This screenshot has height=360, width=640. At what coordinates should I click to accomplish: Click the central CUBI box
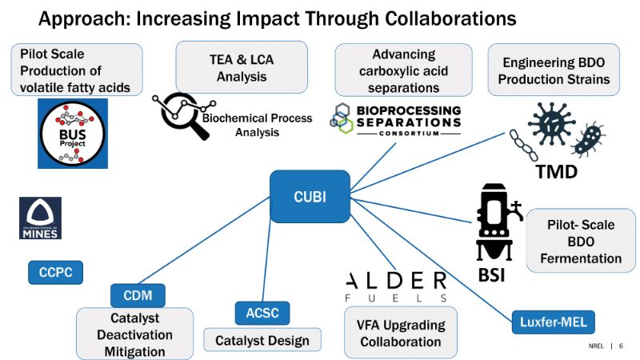pos(310,196)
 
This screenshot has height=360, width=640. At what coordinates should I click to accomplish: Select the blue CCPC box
pos(55,271)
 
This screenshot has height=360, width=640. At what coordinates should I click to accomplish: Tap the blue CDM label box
pos(137,295)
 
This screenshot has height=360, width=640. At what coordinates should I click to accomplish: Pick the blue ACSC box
pos(262,313)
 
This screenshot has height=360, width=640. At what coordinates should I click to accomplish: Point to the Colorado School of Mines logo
pos(40,218)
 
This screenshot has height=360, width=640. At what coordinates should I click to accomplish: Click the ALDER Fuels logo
pos(395,286)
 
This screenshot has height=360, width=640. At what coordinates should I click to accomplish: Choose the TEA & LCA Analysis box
pos(242,67)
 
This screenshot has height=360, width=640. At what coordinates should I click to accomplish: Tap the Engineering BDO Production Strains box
pos(556,70)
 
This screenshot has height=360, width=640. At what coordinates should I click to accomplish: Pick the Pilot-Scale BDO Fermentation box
pos(580,242)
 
